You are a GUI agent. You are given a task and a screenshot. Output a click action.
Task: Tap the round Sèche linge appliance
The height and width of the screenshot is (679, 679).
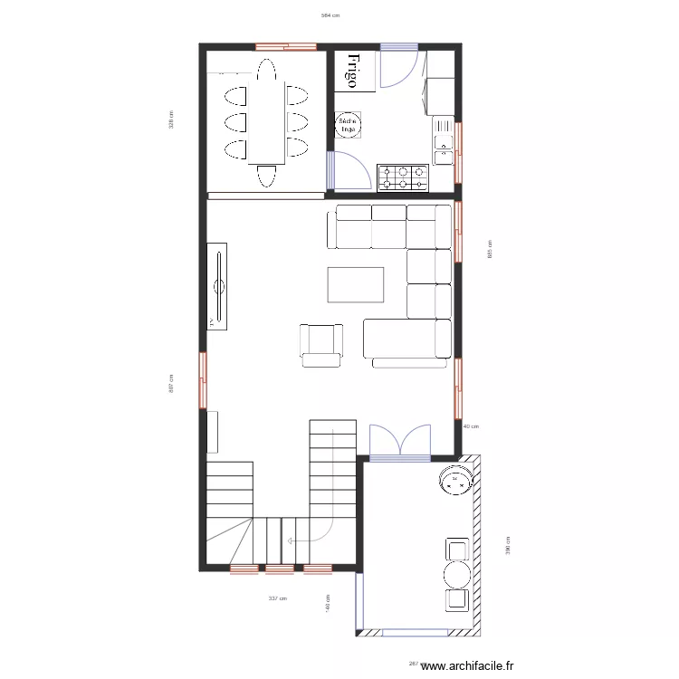click(x=348, y=126)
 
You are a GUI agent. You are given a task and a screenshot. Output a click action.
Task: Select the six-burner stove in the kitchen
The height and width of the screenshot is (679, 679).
click(x=403, y=177)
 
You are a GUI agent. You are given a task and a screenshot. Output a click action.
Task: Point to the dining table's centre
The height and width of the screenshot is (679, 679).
click(x=265, y=122)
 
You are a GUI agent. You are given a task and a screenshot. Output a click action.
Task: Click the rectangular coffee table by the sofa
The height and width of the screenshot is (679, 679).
click(x=356, y=283)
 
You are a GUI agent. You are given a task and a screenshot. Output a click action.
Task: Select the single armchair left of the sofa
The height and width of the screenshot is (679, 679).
click(x=321, y=344)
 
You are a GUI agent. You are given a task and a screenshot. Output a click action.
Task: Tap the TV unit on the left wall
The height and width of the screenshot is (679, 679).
click(x=218, y=286)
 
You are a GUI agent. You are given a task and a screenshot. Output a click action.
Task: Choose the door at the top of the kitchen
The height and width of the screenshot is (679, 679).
click(x=398, y=65)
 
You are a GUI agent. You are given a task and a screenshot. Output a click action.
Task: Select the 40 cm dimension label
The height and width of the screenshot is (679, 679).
click(x=470, y=426)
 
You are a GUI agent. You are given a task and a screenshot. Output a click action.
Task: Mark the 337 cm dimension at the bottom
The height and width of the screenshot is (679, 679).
click(x=277, y=598)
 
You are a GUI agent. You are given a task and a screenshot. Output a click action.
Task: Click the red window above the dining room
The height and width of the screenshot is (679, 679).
click(x=285, y=45)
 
